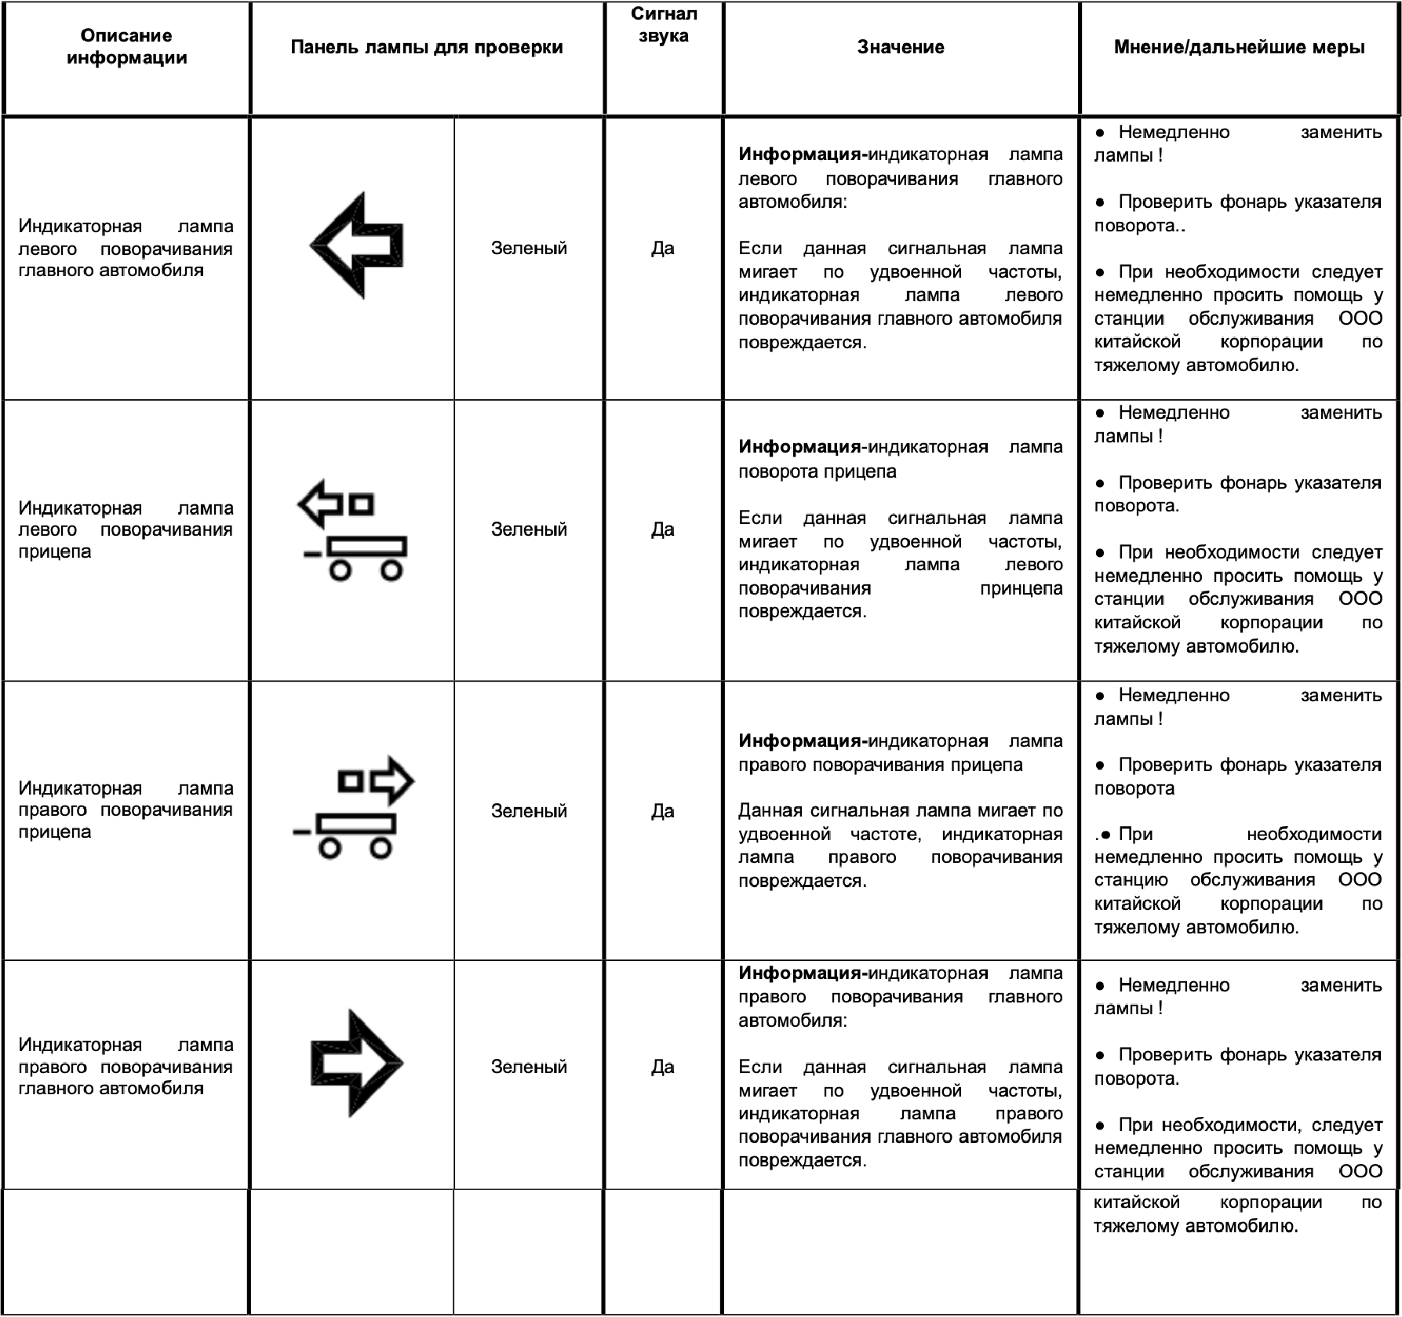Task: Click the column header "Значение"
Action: click(900, 47)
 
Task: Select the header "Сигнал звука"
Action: click(663, 25)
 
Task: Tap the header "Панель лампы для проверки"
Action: click(427, 47)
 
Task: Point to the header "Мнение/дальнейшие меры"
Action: click(1239, 47)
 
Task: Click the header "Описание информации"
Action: click(126, 46)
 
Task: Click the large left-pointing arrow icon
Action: click(357, 245)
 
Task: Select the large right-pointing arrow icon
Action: click(357, 1063)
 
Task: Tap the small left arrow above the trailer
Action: click(321, 504)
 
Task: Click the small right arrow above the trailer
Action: click(392, 780)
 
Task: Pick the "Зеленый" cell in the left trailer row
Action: click(529, 529)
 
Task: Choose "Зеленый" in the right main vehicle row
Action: click(529, 1067)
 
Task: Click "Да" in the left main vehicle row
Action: click(663, 249)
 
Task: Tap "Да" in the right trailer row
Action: click(663, 811)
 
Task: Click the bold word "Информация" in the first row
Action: click(799, 155)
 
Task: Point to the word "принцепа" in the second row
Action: click(1021, 588)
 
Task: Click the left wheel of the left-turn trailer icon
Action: click(340, 569)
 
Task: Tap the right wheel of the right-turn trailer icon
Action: click(381, 849)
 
